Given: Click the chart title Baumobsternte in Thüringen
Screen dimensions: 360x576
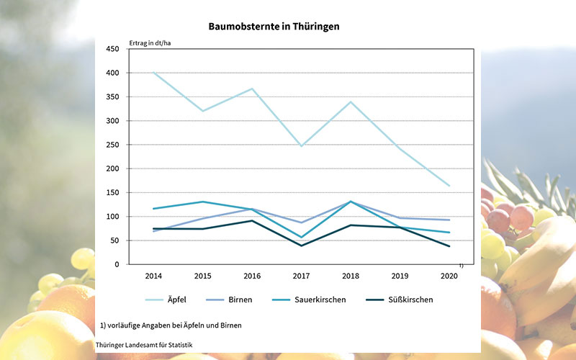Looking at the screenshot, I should pos(274,26).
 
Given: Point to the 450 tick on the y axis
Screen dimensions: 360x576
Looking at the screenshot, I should pos(114,49).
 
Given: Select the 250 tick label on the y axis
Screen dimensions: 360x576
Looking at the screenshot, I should pos(114,145).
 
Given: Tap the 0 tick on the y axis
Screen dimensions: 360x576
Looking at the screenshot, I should pos(117,264).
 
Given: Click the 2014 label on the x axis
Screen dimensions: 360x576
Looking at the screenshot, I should pos(153,276).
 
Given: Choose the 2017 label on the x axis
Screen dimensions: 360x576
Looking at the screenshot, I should pos(300,276).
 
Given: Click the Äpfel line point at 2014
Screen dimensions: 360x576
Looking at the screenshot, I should pos(153,73).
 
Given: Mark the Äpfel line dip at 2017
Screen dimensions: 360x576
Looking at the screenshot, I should pos(300,146).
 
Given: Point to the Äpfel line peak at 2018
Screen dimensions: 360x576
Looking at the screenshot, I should pos(349,102).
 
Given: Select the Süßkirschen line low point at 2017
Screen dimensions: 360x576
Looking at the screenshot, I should pos(300,246).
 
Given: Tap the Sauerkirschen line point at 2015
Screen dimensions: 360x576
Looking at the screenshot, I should pos(202,202).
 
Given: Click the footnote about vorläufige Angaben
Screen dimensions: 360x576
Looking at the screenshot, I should pos(171,325).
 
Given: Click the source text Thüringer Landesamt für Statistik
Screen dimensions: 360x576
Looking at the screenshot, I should pos(144,346).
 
